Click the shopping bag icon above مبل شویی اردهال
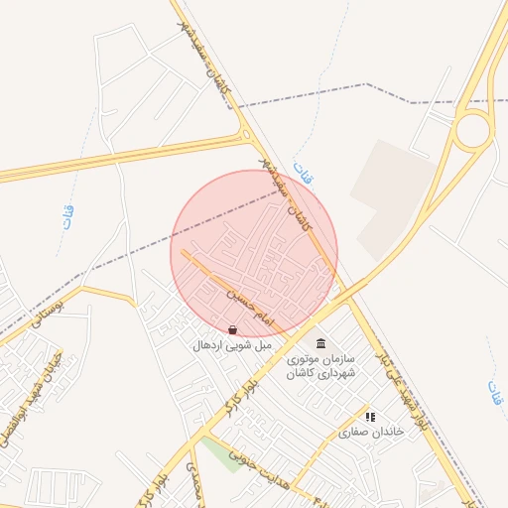pyautogui.click(x=232, y=329)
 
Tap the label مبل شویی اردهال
pyautogui.click(x=232, y=345)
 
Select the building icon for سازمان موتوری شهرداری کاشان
pyautogui.click(x=320, y=343)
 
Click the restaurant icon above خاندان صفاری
pyautogui.click(x=370, y=418)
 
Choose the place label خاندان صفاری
pyautogui.click(x=373, y=434)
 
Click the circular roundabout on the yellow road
pyautogui.click(x=473, y=129)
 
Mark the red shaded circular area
pyautogui.click(x=254, y=253)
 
